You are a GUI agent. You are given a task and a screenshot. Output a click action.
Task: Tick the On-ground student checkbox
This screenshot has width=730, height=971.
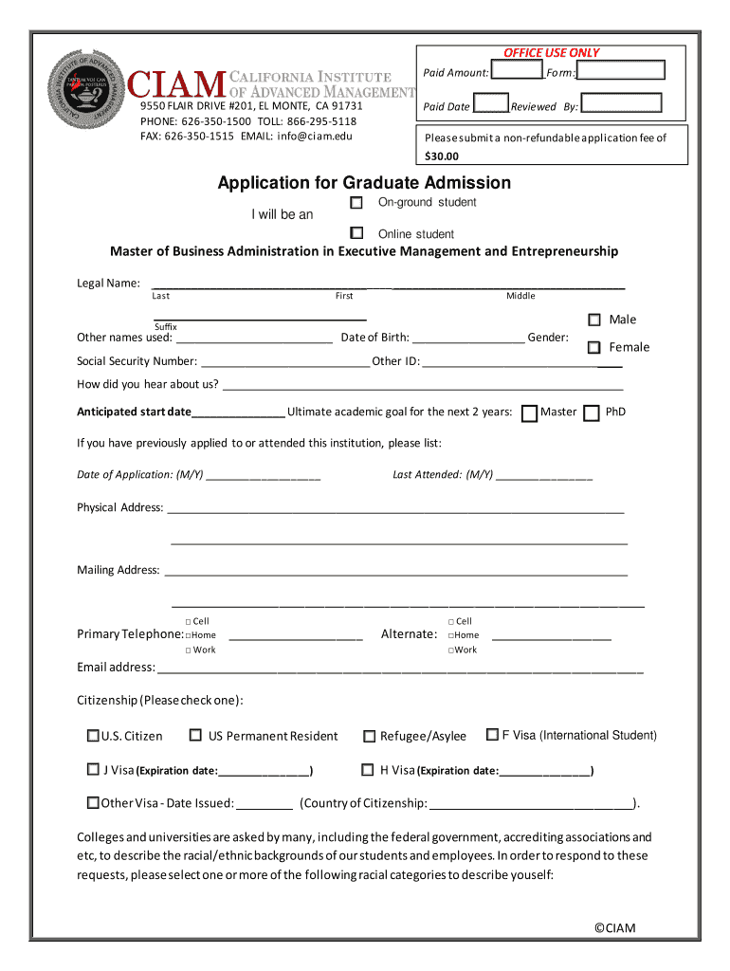356,203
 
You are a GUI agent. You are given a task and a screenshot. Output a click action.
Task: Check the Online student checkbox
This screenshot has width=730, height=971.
356,232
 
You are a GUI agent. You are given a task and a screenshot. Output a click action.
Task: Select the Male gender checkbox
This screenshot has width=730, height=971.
594,320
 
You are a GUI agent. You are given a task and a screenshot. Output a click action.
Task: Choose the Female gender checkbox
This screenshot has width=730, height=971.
594,348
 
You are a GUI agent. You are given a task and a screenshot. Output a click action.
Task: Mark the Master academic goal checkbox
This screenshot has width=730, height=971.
530,412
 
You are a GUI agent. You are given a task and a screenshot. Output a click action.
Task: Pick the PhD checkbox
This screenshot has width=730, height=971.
592,412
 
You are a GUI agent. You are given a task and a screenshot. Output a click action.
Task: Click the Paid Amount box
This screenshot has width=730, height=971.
517,71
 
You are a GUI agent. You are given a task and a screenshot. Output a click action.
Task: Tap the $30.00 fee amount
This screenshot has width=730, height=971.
441,156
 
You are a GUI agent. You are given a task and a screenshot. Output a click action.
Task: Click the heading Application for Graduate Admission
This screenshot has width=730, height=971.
364,182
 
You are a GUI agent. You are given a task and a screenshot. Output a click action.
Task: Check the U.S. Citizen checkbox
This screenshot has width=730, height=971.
93,735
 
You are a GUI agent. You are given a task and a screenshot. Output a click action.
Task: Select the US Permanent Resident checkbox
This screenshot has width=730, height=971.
195,735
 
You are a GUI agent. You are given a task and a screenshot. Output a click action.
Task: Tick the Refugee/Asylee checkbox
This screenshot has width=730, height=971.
370,736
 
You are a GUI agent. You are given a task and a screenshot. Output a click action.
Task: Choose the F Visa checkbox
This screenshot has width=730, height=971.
493,734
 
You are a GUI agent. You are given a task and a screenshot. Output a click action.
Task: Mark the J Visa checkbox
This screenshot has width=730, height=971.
93,769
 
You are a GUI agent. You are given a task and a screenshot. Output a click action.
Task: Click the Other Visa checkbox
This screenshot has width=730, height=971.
93,802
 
